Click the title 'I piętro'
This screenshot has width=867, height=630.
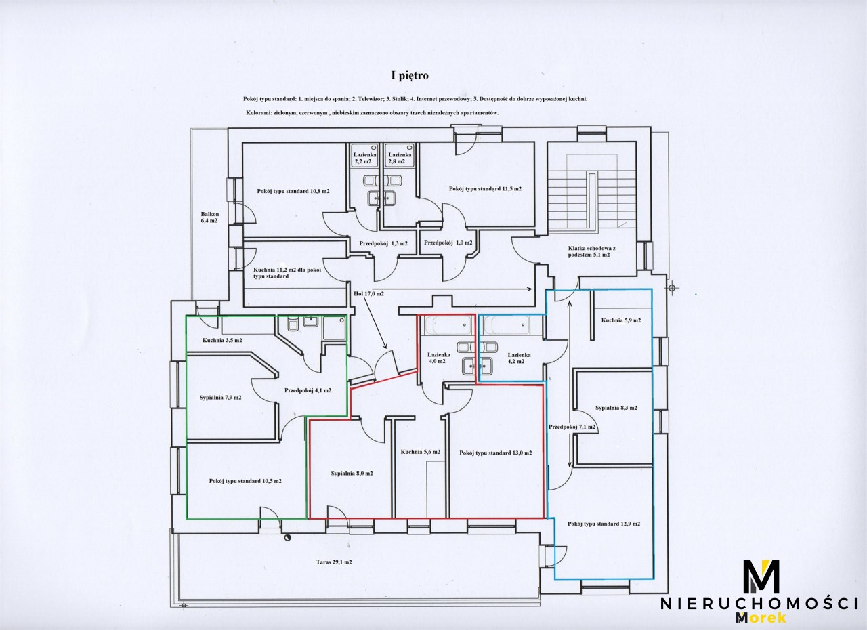pyautogui.click(x=410, y=75)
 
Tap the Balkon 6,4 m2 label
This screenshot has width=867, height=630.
pyautogui.click(x=210, y=217)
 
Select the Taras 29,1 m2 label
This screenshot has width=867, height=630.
pyautogui.click(x=334, y=562)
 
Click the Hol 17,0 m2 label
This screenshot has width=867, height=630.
pyautogui.click(x=368, y=294)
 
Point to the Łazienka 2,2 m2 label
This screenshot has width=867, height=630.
pyautogui.click(x=364, y=158)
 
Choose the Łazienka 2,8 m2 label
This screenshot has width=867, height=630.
pyautogui.click(x=400, y=158)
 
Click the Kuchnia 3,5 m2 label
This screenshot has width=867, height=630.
pyautogui.click(x=222, y=341)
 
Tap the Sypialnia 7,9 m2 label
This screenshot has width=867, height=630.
pyautogui.click(x=221, y=398)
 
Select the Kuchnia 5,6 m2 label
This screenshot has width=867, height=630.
pyautogui.click(x=421, y=452)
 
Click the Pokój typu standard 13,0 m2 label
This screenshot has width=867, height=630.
pyautogui.click(x=495, y=453)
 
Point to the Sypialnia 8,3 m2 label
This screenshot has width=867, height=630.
pyautogui.click(x=616, y=408)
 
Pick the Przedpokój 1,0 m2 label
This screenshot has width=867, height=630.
pyautogui.click(x=448, y=243)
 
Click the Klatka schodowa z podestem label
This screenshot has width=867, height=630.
pyautogui.click(x=592, y=251)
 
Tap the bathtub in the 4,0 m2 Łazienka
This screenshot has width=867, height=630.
pyautogui.click(x=448, y=325)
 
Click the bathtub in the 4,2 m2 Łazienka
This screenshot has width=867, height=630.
pyautogui.click(x=506, y=325)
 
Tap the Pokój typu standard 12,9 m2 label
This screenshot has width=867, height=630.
pyautogui.click(x=604, y=524)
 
